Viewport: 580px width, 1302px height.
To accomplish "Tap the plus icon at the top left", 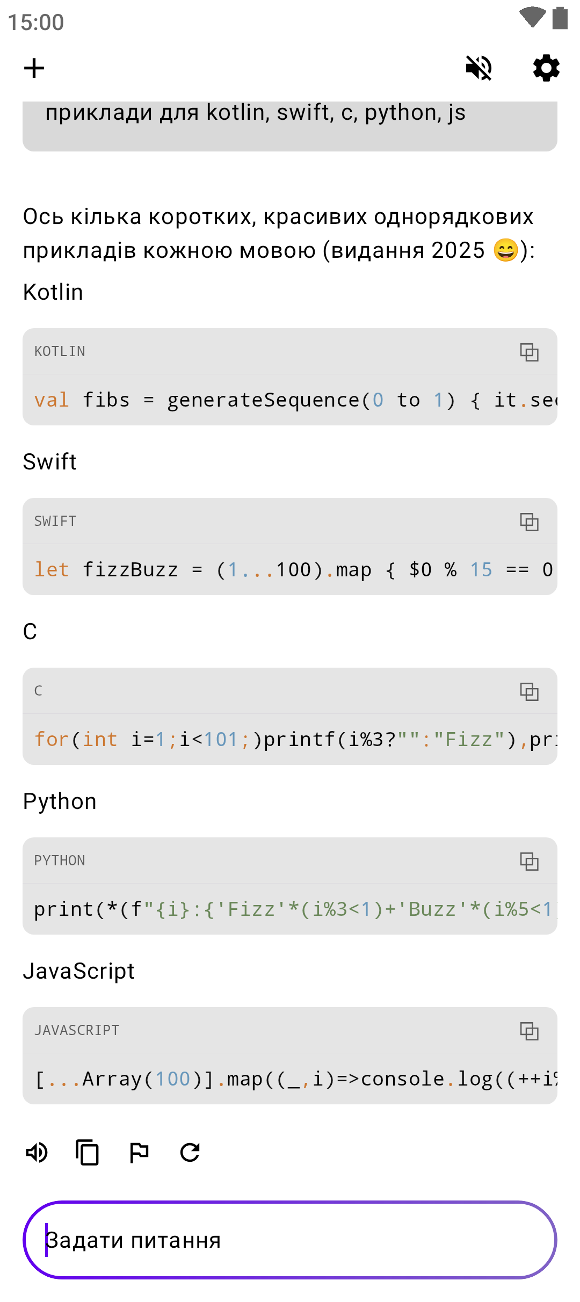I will tap(34, 68).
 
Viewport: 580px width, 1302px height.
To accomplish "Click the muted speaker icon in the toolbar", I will tap(479, 68).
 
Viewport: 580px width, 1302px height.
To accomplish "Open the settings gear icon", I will tap(546, 68).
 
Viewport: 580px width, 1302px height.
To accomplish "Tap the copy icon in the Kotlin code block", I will tap(529, 352).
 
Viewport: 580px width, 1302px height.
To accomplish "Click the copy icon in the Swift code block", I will tap(529, 522).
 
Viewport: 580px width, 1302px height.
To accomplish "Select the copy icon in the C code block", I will tap(529, 691).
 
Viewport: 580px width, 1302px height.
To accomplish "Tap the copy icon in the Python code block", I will tap(529, 861).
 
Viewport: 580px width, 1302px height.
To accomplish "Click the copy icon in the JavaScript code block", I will tap(529, 1031).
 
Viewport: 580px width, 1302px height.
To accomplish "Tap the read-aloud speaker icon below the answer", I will tap(37, 1152).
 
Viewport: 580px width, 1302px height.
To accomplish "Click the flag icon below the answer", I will tap(139, 1152).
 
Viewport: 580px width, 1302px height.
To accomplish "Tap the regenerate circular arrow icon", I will tap(190, 1152).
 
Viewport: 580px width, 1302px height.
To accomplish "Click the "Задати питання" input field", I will tap(290, 1240).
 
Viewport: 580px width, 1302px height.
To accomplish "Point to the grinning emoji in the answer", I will tap(505, 250).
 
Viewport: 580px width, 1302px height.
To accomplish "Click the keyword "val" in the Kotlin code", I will tap(52, 400).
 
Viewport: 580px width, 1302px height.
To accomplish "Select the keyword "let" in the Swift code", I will tap(52, 570).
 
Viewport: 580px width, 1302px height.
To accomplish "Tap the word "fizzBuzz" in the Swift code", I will tap(130, 570).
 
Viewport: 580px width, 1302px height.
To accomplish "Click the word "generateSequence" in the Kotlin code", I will tap(263, 400).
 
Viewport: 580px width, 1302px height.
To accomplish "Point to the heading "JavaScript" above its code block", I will tap(78, 971).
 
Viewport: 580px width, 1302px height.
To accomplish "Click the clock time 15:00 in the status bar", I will tap(36, 23).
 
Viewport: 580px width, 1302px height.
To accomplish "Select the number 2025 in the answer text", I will tap(458, 250).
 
